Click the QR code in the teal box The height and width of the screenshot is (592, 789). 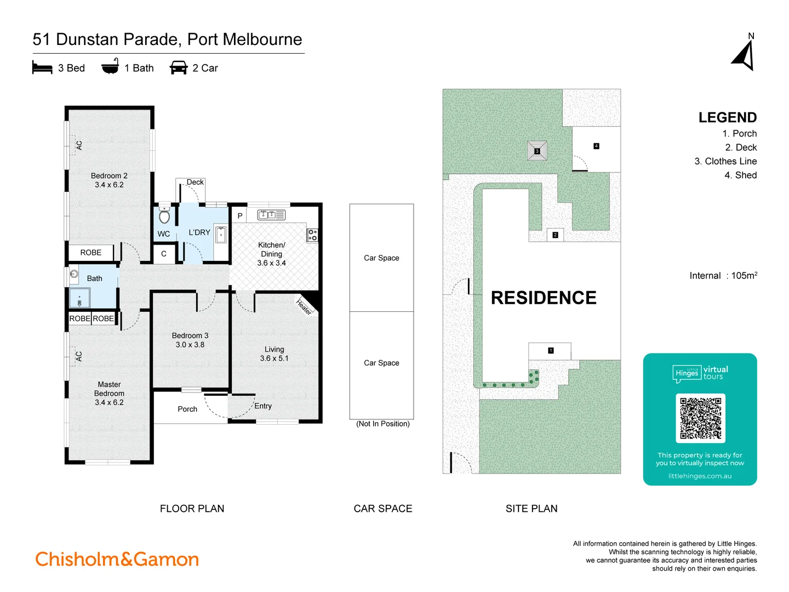tap(700, 418)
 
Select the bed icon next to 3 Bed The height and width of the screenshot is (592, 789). tap(42, 68)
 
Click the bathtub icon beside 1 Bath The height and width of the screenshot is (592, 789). tap(110, 67)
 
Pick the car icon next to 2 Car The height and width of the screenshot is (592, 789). tap(179, 68)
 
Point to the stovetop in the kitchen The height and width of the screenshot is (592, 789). tap(312, 235)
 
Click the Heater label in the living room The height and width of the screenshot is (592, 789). tap(304, 306)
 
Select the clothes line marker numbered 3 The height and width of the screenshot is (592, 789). tap(537, 151)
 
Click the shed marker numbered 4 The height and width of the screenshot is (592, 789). tap(596, 146)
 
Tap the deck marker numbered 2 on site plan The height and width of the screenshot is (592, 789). tap(555, 235)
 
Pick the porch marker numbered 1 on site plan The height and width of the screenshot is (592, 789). tap(551, 351)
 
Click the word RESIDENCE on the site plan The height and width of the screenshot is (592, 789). tap(544, 298)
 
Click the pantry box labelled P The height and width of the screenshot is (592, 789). tap(239, 216)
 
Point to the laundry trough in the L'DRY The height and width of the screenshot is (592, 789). tap(220, 235)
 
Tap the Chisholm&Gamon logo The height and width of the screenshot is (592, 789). tap(117, 559)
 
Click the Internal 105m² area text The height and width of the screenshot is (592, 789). tap(723, 276)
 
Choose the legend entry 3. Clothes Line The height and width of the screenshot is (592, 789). tap(725, 161)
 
